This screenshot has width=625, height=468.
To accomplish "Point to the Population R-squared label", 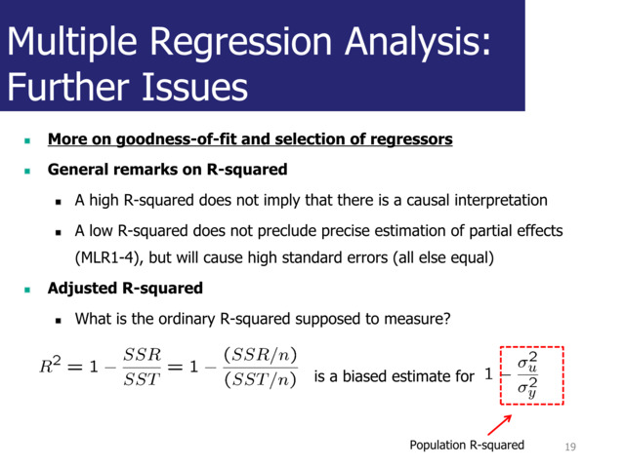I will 466,446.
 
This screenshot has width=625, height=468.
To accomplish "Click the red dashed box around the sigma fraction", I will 531,376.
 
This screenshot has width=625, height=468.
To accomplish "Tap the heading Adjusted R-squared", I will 125,289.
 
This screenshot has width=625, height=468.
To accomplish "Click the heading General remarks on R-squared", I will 167,170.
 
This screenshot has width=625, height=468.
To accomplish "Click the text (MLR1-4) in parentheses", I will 110,258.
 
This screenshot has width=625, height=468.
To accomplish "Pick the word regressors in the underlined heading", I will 411,139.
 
